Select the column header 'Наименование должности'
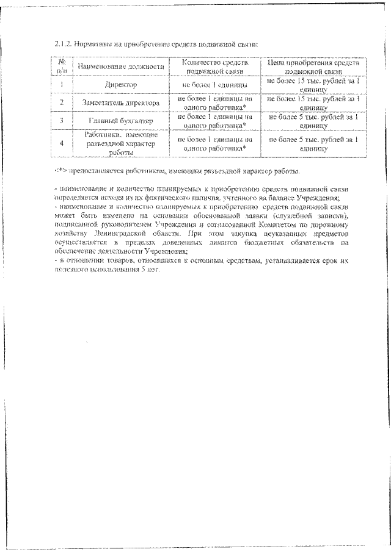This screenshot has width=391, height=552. (119, 65)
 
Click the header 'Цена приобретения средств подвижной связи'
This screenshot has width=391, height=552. (315, 66)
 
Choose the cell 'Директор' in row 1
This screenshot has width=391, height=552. (119, 84)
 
